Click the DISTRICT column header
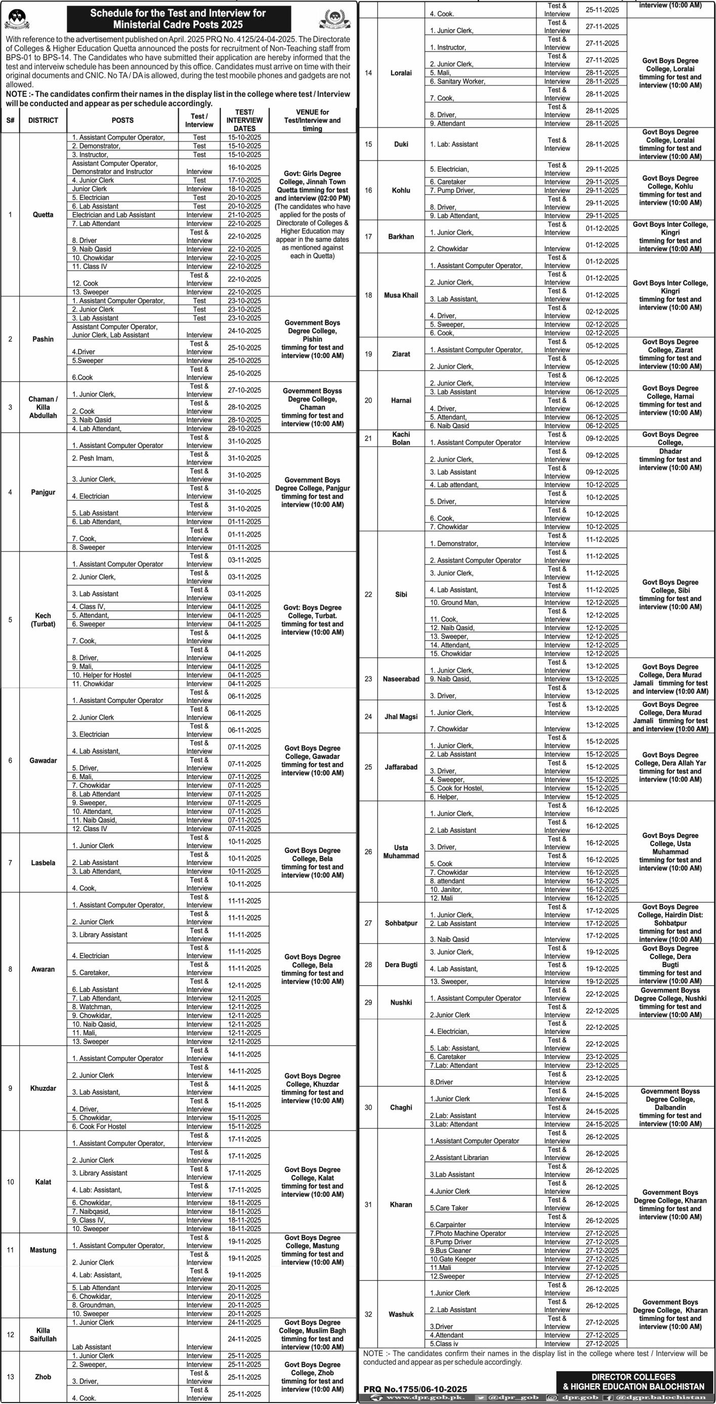click(43, 120)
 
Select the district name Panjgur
click(43, 492)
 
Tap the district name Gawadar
click(43, 760)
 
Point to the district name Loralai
click(401, 73)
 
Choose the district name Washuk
click(401, 1314)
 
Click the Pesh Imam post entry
click(93, 459)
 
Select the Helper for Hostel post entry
click(102, 675)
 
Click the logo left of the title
click(17, 19)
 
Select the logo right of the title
click(334, 19)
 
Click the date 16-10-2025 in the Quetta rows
click(244, 168)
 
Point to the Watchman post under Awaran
click(92, 1007)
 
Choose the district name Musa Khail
click(401, 295)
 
